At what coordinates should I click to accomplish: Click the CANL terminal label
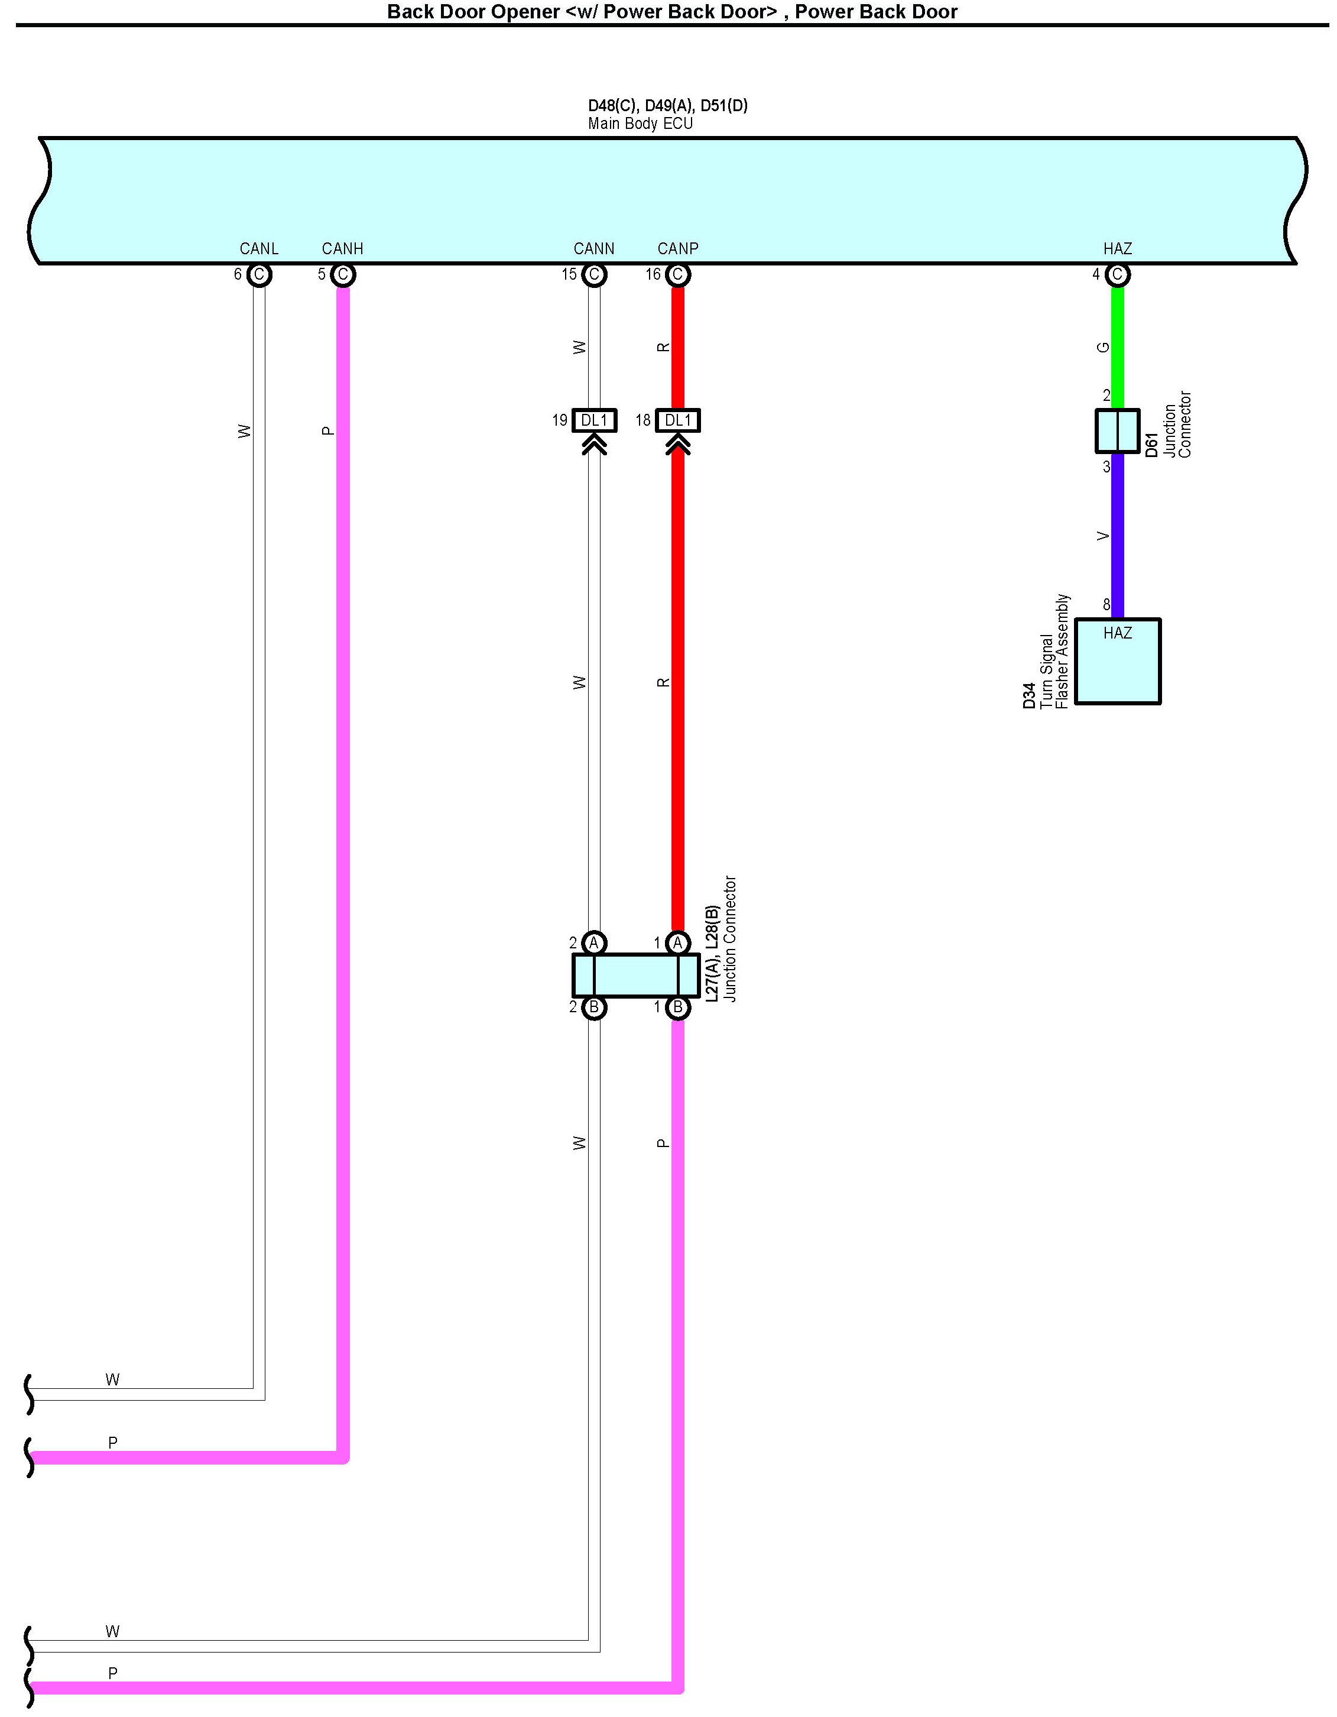pos(259,248)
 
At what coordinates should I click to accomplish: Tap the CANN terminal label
pos(593,248)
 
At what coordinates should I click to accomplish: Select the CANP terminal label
pos(677,248)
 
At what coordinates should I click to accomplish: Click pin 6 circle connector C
pos(259,275)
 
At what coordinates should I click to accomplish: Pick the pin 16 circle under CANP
pos(677,275)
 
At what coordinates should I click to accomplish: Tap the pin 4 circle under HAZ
pos(1117,275)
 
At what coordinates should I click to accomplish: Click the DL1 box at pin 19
pos(594,420)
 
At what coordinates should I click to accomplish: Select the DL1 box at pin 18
pos(677,420)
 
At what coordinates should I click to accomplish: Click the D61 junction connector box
pos(1117,431)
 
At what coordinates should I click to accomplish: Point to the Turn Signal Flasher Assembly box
pos(1117,661)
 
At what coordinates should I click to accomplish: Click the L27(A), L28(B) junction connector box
pos(635,975)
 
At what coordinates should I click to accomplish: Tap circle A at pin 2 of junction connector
pos(594,942)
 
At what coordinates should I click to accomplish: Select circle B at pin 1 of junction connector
pos(677,1007)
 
